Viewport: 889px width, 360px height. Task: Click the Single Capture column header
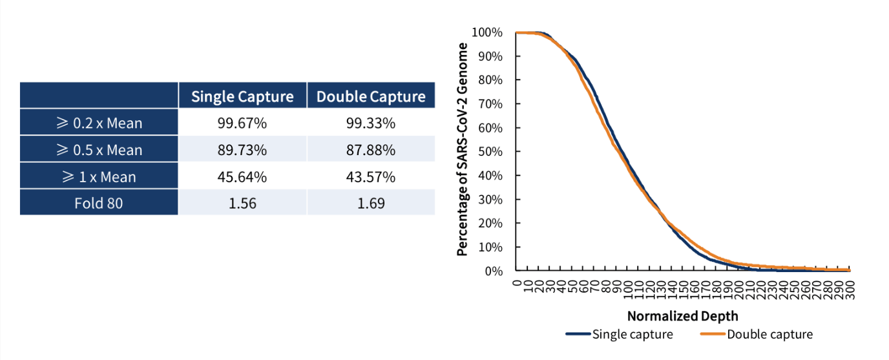pyautogui.click(x=242, y=97)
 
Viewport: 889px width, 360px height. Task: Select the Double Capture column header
pyautogui.click(x=371, y=97)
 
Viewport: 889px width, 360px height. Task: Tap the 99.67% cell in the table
pyautogui.click(x=242, y=123)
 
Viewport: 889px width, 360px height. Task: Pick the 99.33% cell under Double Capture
pyautogui.click(x=371, y=123)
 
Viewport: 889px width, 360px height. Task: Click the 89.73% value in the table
pyautogui.click(x=242, y=150)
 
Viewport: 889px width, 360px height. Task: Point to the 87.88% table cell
pyautogui.click(x=371, y=150)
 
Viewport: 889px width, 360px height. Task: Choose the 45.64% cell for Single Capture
pyautogui.click(x=242, y=176)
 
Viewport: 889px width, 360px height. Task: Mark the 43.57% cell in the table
pyautogui.click(x=371, y=176)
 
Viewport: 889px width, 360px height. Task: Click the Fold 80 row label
pyautogui.click(x=99, y=204)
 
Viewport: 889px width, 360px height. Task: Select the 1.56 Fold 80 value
pyautogui.click(x=242, y=204)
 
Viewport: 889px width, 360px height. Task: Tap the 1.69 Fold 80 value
pyautogui.click(x=371, y=204)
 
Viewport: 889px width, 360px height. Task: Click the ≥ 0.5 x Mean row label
pyautogui.click(x=99, y=150)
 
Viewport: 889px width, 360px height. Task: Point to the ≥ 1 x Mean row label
pyautogui.click(x=99, y=176)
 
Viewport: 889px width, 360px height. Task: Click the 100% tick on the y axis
pyautogui.click(x=487, y=32)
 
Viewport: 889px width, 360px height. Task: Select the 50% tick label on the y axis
pyautogui.click(x=490, y=152)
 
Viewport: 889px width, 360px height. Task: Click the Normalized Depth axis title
pyautogui.click(x=682, y=316)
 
